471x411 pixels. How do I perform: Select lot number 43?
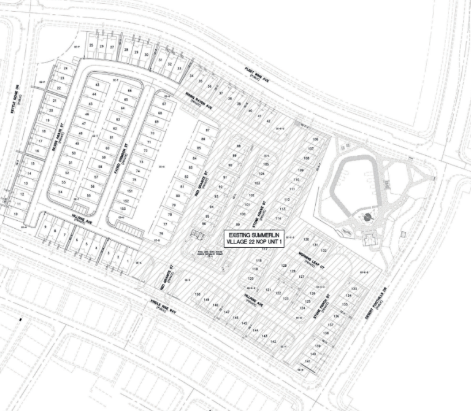[96, 85]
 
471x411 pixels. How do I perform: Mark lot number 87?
[209, 131]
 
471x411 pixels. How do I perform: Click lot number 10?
[17, 214]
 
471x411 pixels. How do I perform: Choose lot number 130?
[307, 239]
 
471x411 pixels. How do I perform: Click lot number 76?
[161, 234]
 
